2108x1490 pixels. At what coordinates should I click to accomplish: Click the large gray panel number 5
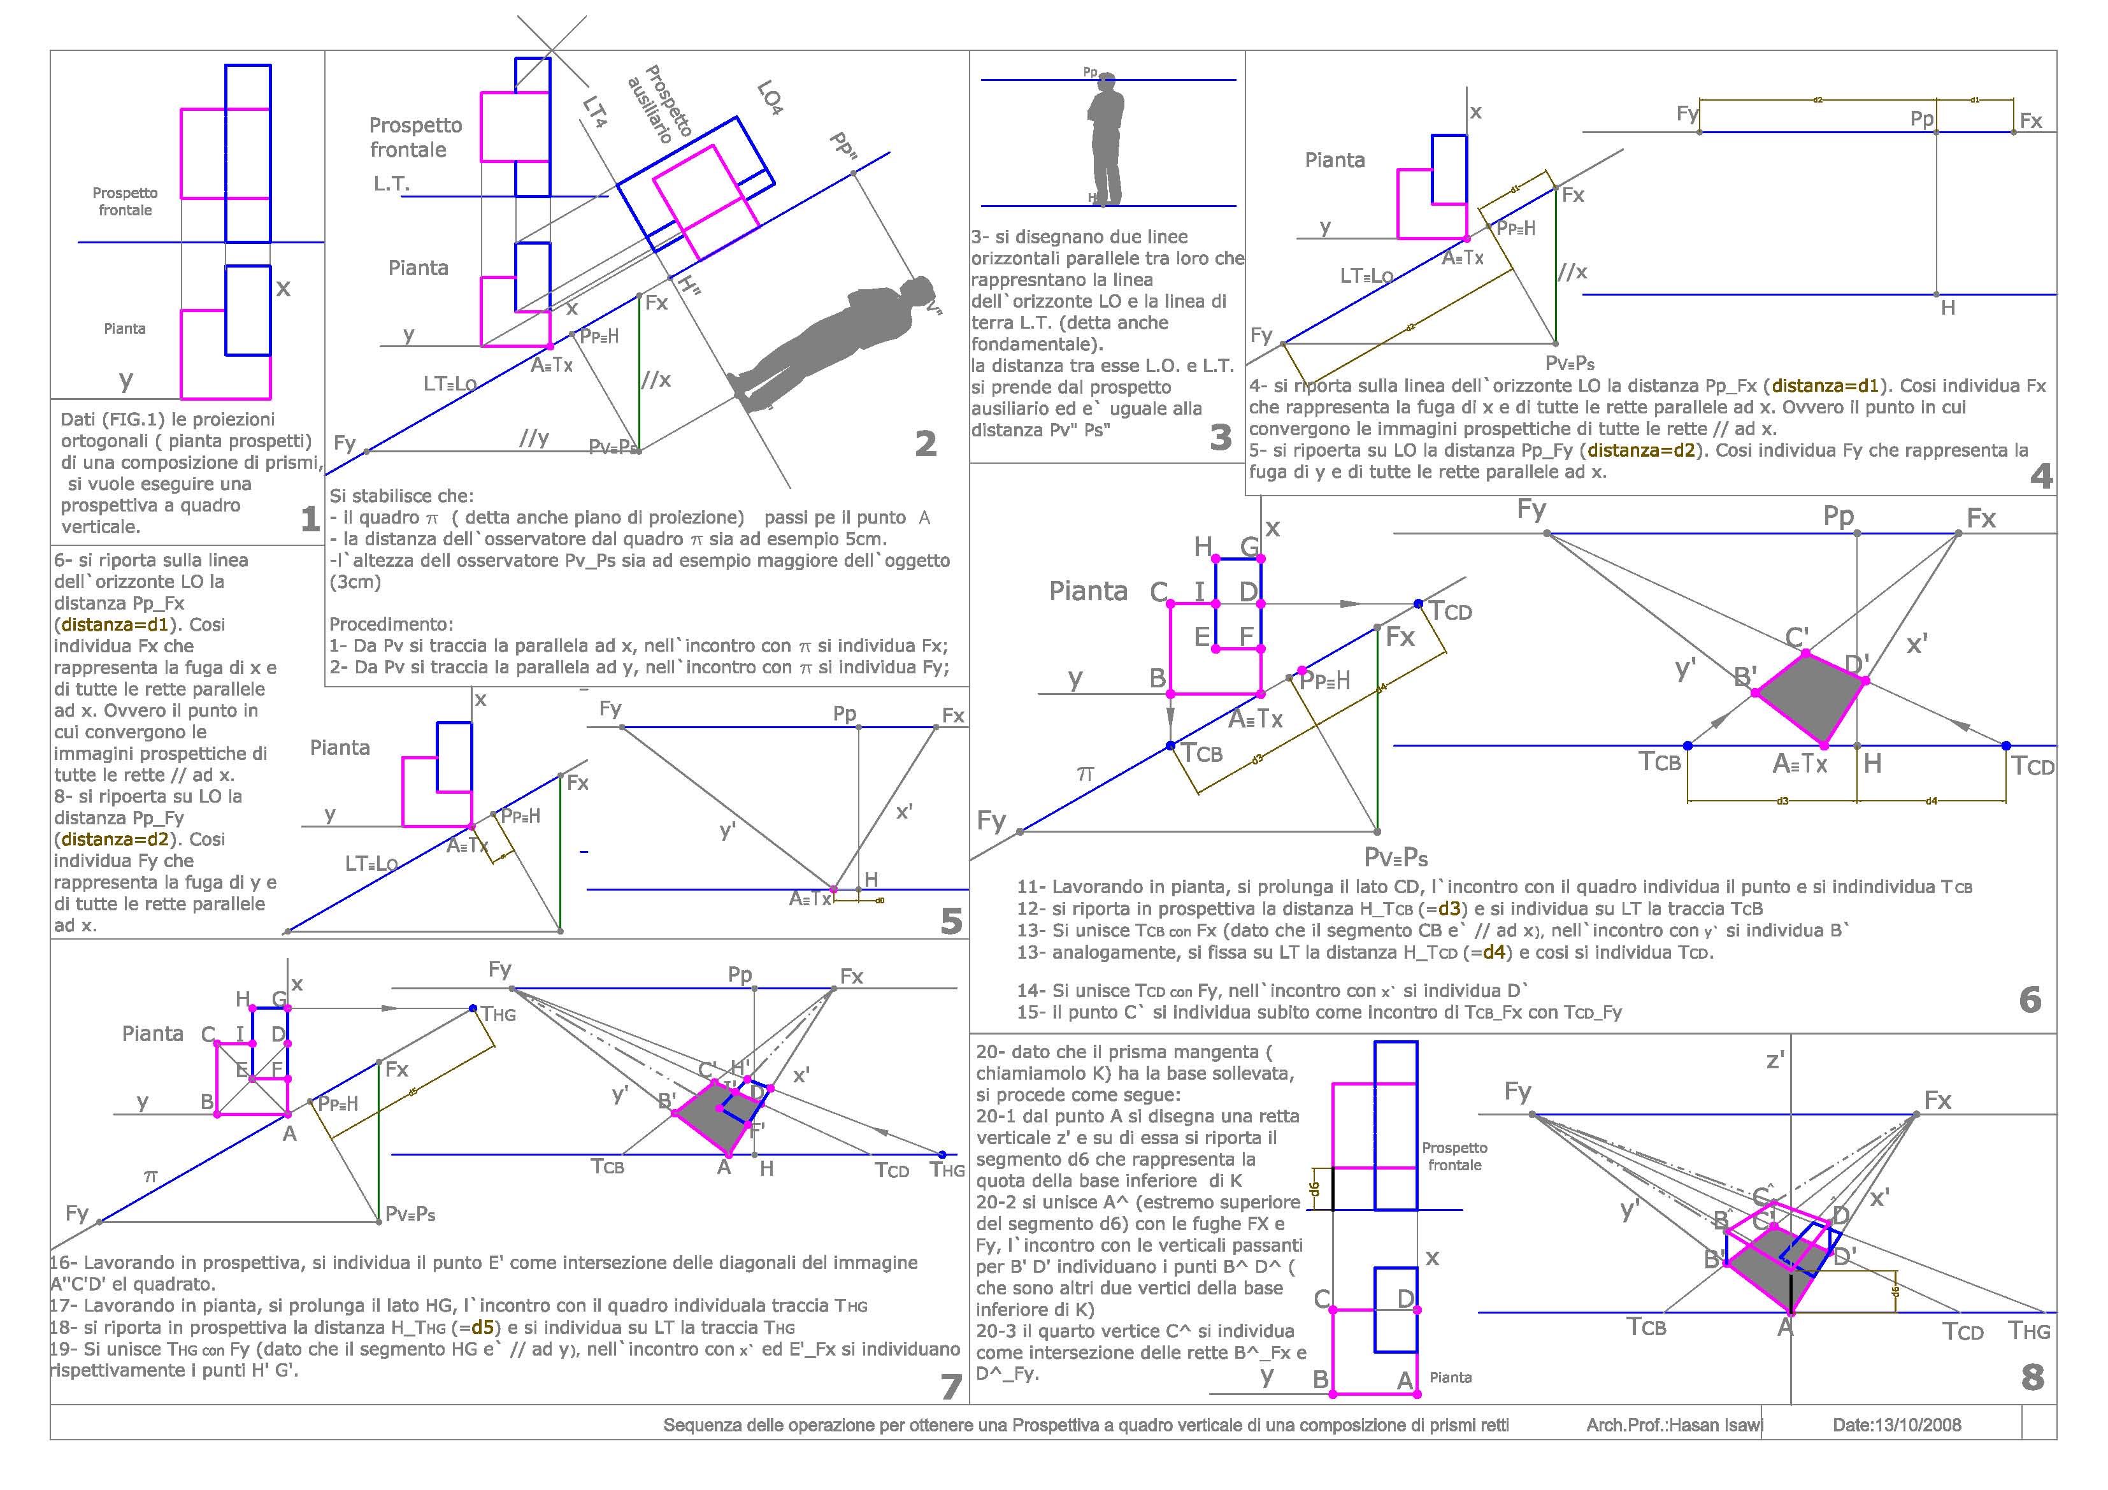click(951, 921)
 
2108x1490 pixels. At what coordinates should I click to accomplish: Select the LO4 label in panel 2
click(770, 98)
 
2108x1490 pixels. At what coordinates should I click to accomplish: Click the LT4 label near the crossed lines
click(595, 112)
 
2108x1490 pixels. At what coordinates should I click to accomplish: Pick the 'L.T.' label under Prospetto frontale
click(391, 183)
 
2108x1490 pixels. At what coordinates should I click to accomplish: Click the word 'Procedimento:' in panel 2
click(391, 624)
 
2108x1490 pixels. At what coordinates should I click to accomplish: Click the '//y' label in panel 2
click(533, 439)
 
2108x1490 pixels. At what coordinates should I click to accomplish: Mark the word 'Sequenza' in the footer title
click(703, 1426)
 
